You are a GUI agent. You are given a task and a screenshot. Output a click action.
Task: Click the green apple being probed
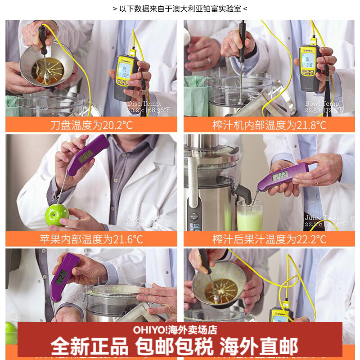point(57,215)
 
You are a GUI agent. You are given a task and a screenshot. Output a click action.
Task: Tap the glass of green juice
point(249,217)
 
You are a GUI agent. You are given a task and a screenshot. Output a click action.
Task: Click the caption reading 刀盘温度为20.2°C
point(91,125)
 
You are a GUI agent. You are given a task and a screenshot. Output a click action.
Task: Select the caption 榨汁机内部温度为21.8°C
point(269,125)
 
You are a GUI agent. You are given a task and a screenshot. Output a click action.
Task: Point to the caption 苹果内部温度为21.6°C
point(91,239)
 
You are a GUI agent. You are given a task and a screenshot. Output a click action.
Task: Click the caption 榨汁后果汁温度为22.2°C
point(269,239)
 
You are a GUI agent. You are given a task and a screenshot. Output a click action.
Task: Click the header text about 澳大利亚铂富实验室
point(180,9)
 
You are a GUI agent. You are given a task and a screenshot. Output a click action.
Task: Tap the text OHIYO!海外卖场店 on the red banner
point(175,330)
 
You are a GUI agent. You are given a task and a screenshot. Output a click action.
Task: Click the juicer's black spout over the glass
point(243,194)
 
